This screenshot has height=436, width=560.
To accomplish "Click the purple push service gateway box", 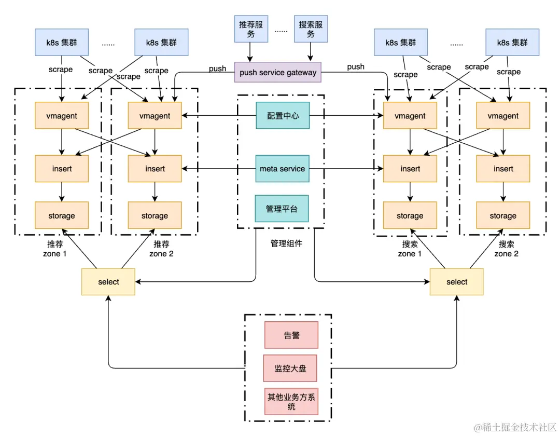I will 277,72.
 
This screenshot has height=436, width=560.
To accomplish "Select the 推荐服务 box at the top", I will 250,29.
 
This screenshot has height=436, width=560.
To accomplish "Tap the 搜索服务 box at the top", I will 311,29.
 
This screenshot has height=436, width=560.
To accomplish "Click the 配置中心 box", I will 283,116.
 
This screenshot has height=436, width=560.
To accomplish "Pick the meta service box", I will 283,169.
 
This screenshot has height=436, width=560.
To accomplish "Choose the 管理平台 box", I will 283,209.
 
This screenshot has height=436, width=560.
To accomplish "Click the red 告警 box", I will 291,335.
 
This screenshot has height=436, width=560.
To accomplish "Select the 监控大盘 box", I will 290,369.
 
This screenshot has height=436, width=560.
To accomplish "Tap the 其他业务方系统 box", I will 291,402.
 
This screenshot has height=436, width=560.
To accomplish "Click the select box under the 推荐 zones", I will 108,282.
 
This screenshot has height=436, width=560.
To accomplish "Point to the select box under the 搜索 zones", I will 456,282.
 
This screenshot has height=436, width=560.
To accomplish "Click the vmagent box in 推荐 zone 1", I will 62,116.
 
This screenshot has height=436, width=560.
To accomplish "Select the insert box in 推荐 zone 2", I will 155,169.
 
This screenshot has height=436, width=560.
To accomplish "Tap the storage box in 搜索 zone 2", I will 503,215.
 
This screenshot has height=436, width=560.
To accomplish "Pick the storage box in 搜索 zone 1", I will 410,215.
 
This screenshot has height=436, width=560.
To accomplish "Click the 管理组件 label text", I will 286,243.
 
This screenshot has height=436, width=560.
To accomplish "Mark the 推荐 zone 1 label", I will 55,249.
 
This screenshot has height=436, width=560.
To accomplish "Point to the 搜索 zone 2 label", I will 506,249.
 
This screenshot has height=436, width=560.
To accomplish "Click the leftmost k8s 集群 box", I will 62,43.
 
